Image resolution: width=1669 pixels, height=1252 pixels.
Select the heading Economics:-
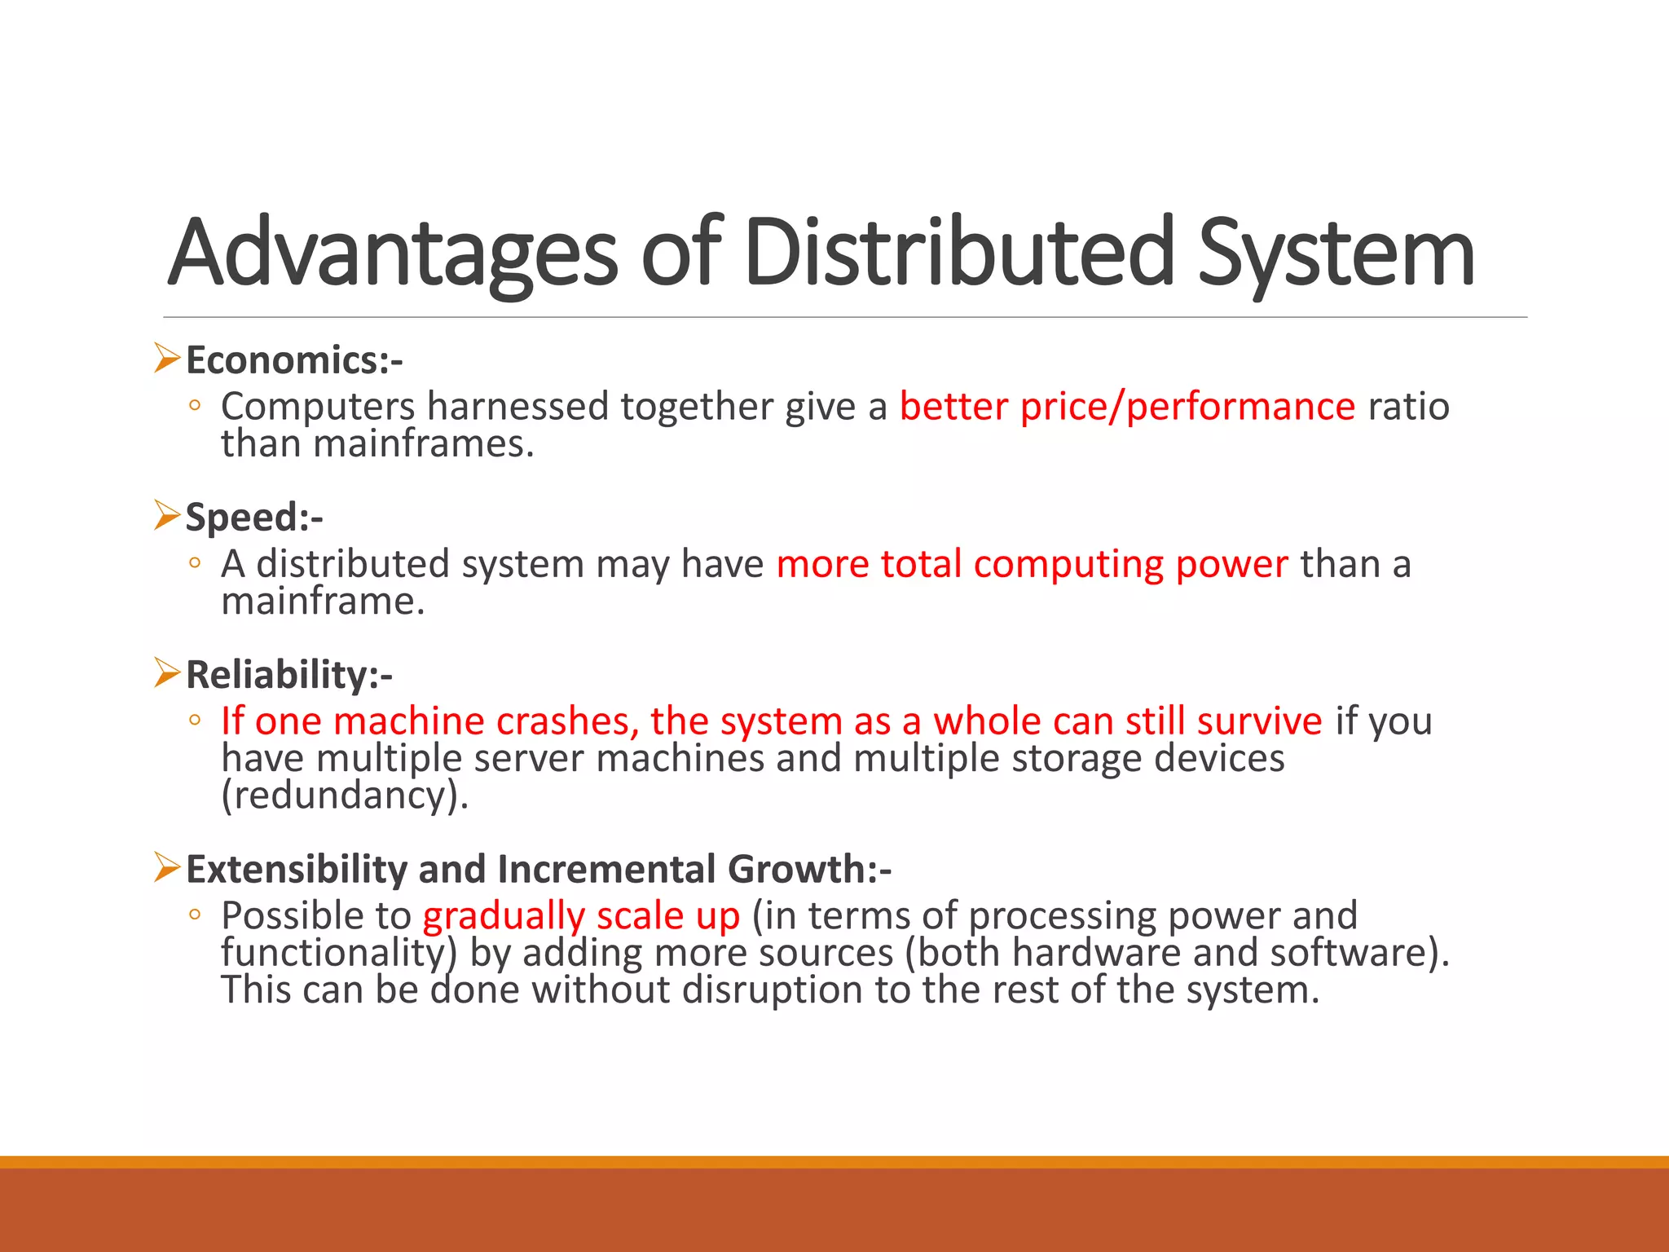(294, 360)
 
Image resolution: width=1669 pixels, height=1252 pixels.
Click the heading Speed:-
(254, 518)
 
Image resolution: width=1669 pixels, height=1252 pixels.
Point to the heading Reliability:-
(289, 675)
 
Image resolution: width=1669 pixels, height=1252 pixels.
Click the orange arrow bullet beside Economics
(167, 359)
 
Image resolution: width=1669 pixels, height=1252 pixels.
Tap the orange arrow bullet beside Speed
(167, 516)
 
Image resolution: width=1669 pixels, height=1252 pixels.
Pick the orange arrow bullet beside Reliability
(167, 673)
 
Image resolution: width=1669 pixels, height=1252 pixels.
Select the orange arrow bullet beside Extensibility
(167, 868)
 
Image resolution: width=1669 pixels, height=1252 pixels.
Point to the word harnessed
(517, 406)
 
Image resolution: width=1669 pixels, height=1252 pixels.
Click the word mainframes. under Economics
(423, 444)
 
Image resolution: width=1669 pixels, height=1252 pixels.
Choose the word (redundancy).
(345, 796)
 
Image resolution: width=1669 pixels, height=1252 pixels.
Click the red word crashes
(567, 721)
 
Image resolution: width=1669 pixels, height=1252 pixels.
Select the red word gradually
(503, 916)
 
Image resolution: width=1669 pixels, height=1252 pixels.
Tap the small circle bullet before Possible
(194, 915)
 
